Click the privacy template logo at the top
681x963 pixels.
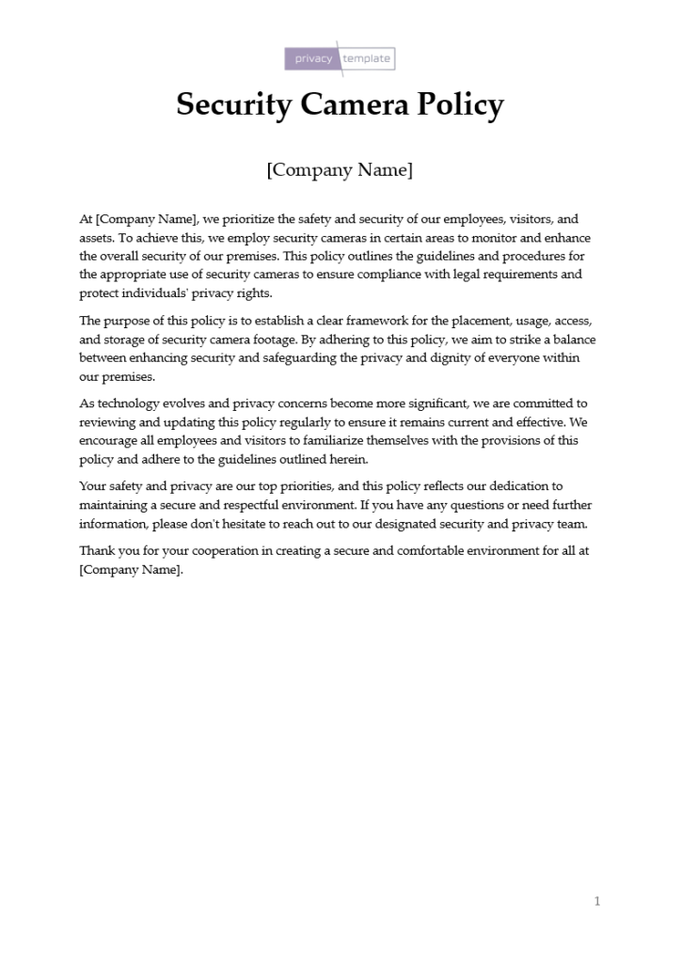pos(340,58)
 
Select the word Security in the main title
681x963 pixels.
pos(234,104)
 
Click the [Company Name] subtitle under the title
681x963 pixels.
pos(340,170)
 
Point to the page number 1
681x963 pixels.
pos(596,901)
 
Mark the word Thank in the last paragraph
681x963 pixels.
pos(96,551)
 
